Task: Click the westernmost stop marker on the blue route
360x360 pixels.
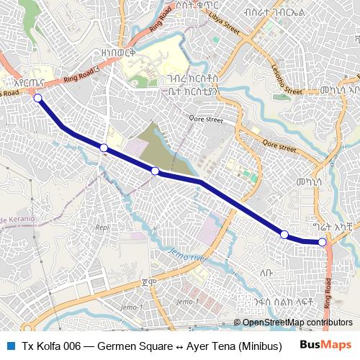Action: (37, 99)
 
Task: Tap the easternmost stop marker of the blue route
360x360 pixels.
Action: (323, 243)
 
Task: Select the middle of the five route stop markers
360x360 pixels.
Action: (155, 171)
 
